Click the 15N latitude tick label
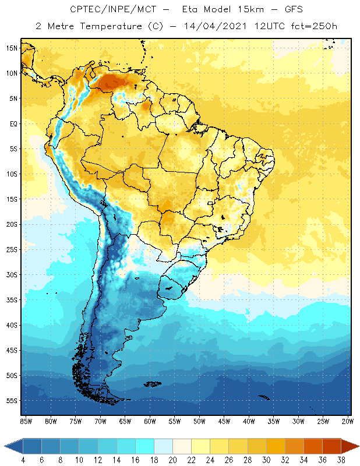click(x=12, y=48)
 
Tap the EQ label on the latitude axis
click(x=12, y=123)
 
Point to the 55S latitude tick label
click(x=12, y=401)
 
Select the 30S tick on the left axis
click(x=12, y=274)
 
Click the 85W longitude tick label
click(x=26, y=421)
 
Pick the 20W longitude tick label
click(x=347, y=421)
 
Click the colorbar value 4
click(x=23, y=460)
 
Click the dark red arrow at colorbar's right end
click(x=350, y=446)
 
